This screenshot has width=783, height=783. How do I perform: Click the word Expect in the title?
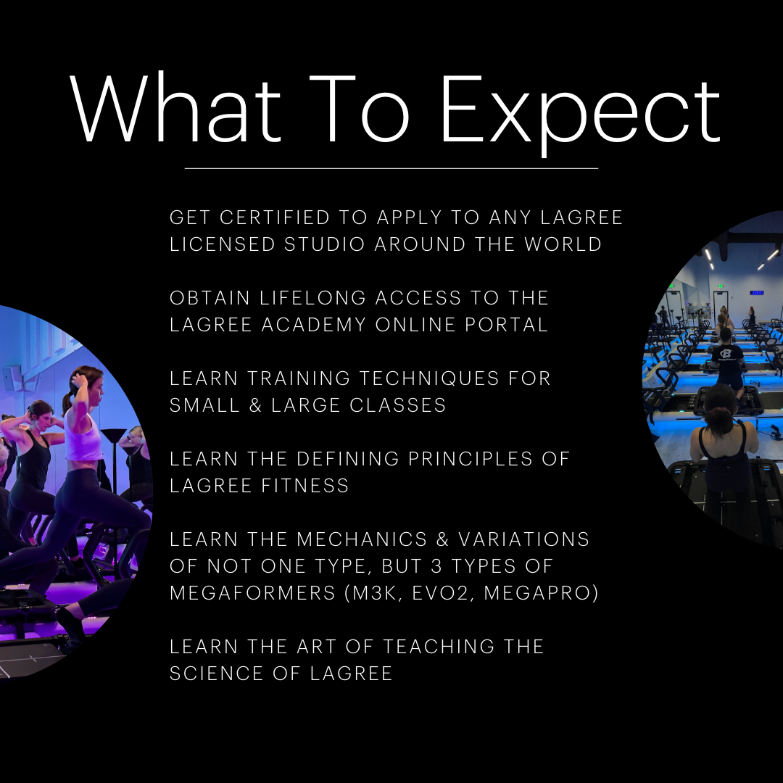click(x=580, y=110)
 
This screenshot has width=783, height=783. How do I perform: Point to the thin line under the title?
click(x=391, y=168)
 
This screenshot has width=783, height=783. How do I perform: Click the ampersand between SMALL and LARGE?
click(x=257, y=405)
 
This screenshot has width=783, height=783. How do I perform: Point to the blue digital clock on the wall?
click(x=756, y=293)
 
